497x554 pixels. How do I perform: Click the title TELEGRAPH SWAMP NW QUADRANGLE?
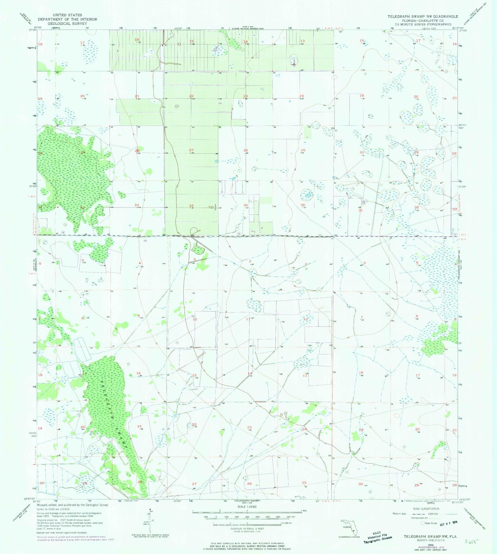pyautogui.click(x=423, y=16)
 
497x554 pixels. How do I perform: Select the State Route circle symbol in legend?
pyautogui.click(x=422, y=524)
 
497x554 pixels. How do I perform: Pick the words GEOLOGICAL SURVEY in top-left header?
pyautogui.click(x=67, y=24)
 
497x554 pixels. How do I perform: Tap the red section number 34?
pyautogui.click(x=191, y=206)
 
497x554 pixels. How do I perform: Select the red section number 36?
pyautogui.click(x=303, y=205)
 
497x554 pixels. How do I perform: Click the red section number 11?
pyautogui.click(x=248, y=319)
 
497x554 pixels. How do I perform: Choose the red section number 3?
pyautogui.click(x=194, y=259)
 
